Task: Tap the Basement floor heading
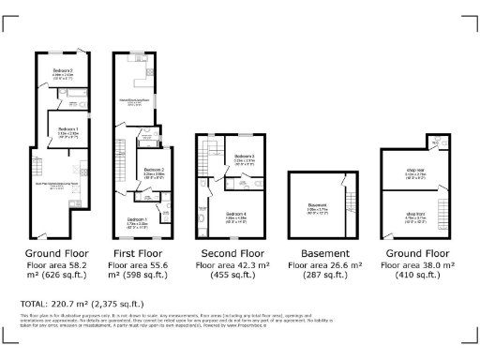324,253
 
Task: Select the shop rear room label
415,171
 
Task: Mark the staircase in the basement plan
352,200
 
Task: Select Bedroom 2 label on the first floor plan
153,145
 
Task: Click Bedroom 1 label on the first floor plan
139,221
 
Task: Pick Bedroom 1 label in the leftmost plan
67,129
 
